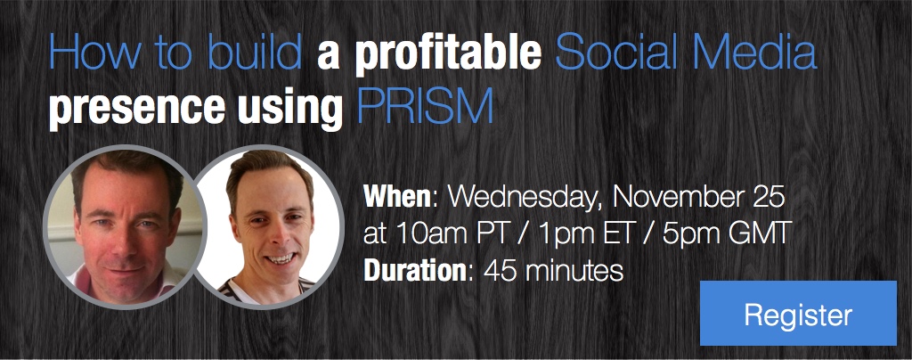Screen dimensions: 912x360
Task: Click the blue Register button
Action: tap(798, 314)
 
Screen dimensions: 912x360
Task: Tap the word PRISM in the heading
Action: tap(425, 106)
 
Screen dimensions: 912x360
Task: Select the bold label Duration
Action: tap(415, 270)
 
